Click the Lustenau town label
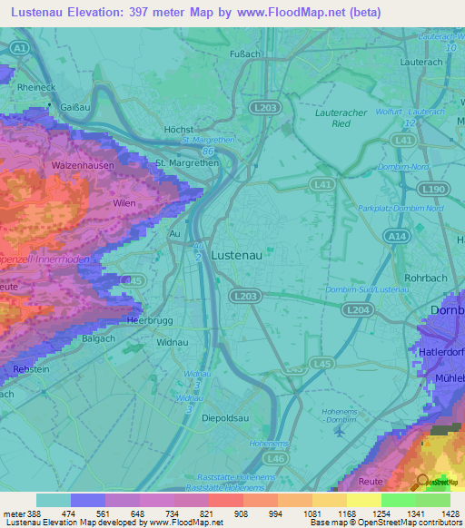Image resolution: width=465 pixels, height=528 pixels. pyautogui.click(x=236, y=256)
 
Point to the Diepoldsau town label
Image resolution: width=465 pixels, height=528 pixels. pyautogui.click(x=223, y=419)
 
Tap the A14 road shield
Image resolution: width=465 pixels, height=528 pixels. pyautogui.click(x=395, y=236)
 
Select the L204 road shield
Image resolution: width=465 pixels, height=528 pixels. pyautogui.click(x=356, y=309)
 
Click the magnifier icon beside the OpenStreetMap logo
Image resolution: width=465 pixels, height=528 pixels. pyautogui.click(x=422, y=481)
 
